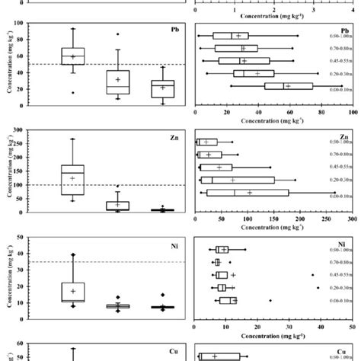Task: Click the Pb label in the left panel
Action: pyautogui.click(x=174, y=30)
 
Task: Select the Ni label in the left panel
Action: pyautogui.click(x=174, y=248)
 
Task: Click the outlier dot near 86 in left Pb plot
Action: pyautogui.click(x=117, y=34)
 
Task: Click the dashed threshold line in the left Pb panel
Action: pyautogui.click(x=107, y=64)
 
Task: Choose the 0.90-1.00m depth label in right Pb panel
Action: pyautogui.click(x=337, y=36)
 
